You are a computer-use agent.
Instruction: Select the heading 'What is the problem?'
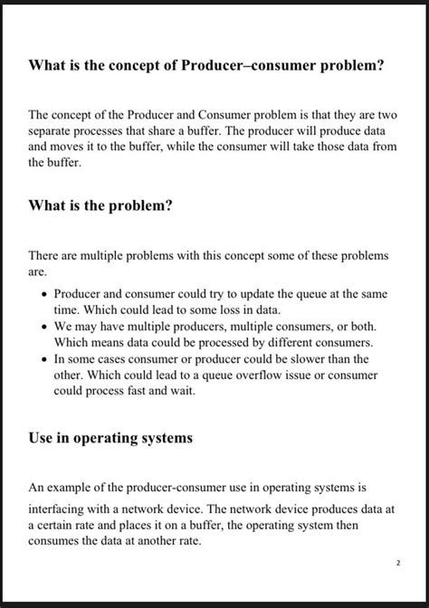point(100,205)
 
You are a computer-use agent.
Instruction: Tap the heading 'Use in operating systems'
point(110,438)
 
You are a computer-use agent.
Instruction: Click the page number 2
point(397,563)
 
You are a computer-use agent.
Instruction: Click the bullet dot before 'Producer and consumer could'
point(43,295)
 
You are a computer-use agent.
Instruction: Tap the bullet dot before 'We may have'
point(43,326)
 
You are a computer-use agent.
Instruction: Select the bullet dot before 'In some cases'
point(43,357)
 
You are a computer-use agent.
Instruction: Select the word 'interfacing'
point(62,508)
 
